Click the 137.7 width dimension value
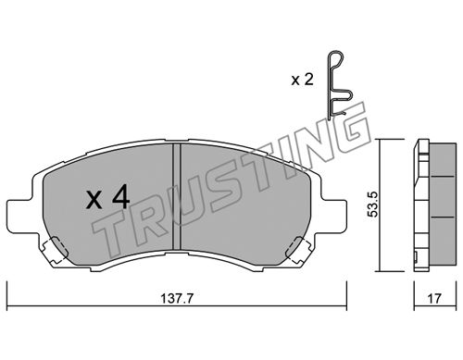[177, 298]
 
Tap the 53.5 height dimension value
[373, 204]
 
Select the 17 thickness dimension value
[434, 298]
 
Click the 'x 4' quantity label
[107, 198]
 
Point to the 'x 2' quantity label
[303, 80]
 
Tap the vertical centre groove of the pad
[176, 196]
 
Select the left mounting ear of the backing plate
[23, 216]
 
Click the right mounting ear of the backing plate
[332, 216]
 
